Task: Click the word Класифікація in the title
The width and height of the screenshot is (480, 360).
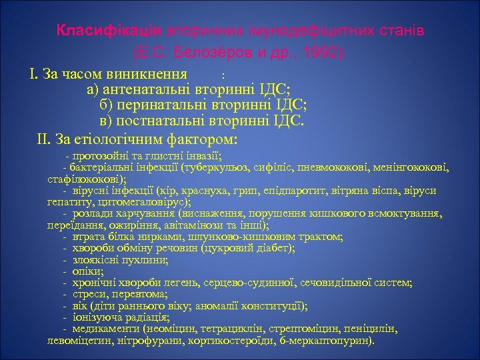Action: (109, 31)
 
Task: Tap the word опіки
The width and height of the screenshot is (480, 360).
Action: (87, 271)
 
